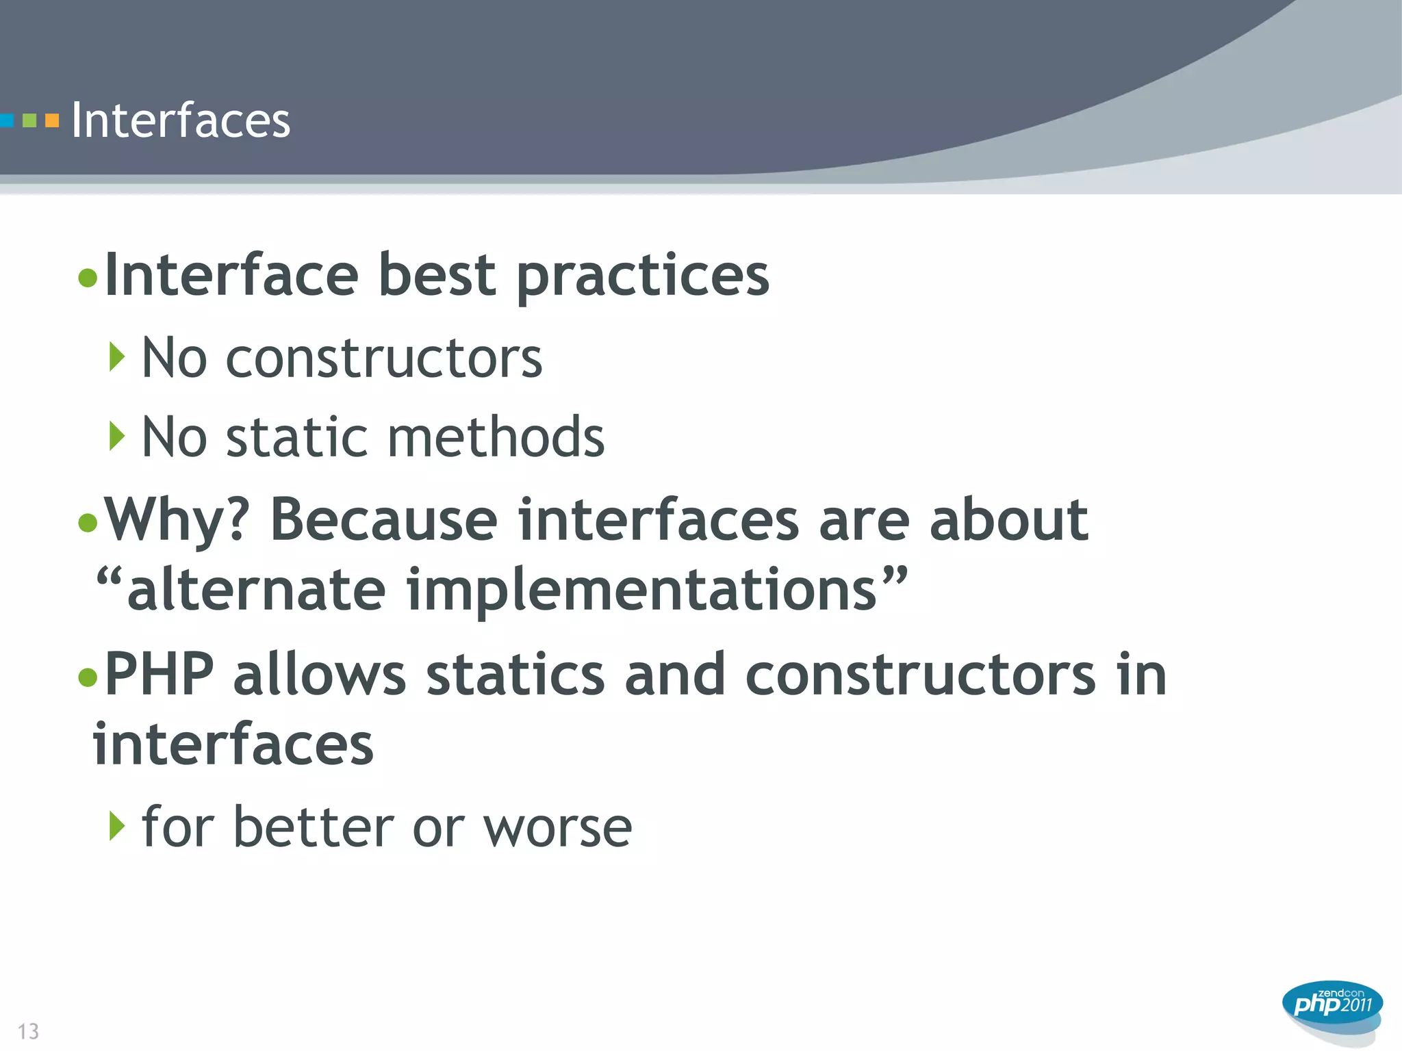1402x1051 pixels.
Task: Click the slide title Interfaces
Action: [x=181, y=120]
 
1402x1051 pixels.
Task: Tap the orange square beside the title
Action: [x=52, y=121]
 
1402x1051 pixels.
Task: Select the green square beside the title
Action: [x=29, y=121]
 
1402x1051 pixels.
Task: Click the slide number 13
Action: [x=28, y=1031]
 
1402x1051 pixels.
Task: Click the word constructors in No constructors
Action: [x=384, y=359]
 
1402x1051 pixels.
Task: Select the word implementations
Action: [x=641, y=590]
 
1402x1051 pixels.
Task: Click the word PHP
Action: [x=159, y=675]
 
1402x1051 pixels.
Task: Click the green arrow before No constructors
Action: [x=117, y=357]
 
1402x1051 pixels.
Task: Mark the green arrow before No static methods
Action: [x=117, y=436]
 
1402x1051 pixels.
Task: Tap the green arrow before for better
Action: [x=117, y=826]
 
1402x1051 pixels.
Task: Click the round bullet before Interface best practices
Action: [x=88, y=278]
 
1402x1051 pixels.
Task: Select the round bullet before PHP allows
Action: [x=88, y=677]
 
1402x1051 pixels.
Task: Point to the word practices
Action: [x=643, y=276]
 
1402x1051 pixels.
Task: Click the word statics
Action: [x=515, y=675]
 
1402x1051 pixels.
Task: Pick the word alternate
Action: [x=257, y=590]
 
